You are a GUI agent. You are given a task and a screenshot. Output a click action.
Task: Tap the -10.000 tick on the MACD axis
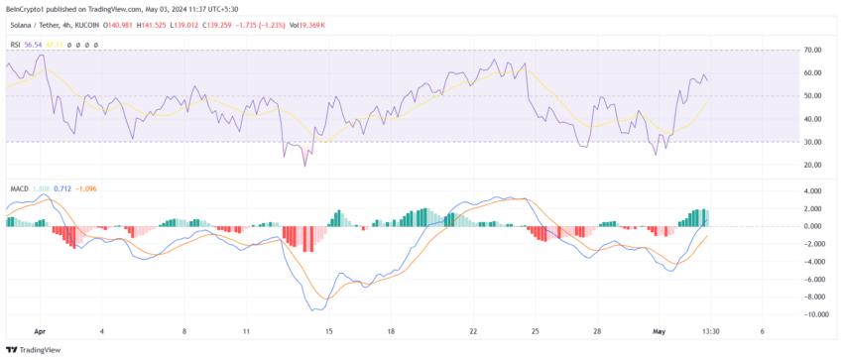click(815, 314)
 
